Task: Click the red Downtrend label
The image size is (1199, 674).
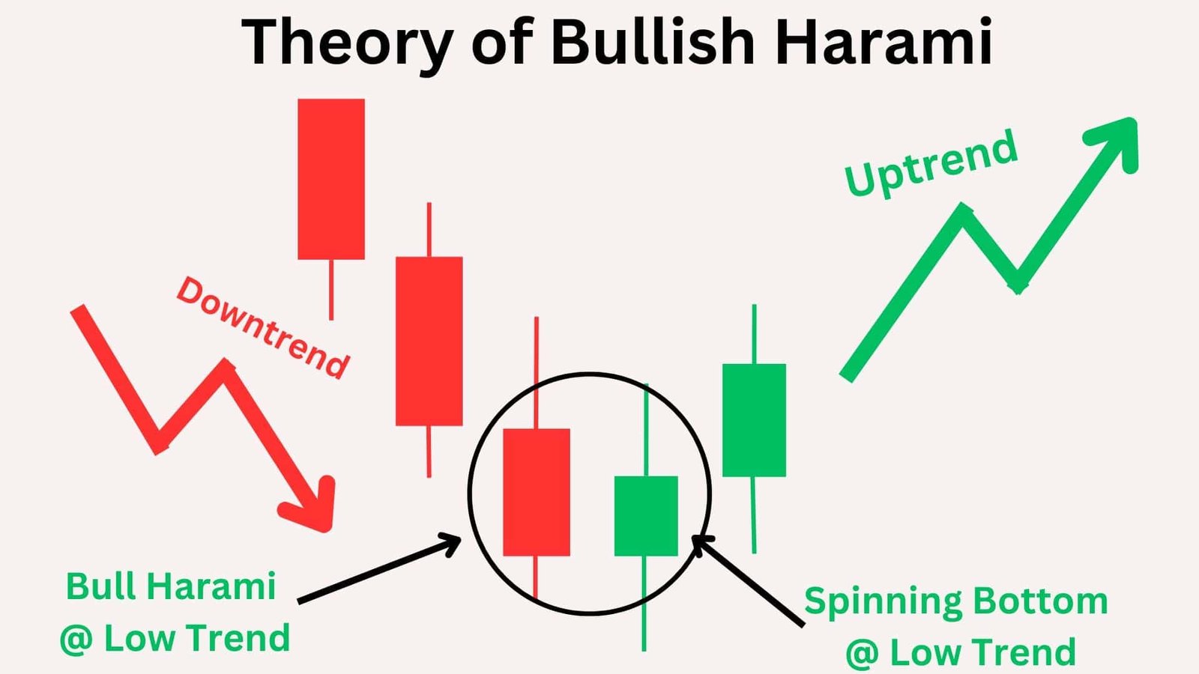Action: (262, 328)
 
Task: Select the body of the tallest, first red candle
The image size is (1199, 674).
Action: (331, 179)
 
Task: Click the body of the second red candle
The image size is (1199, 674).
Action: (429, 341)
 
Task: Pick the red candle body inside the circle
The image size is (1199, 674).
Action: (536, 492)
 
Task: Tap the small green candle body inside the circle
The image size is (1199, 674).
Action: (645, 516)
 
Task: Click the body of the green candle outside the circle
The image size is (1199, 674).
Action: (754, 420)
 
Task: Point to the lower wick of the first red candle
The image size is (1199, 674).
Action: (331, 289)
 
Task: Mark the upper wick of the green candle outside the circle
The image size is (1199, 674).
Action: (754, 334)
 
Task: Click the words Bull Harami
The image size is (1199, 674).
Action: (171, 586)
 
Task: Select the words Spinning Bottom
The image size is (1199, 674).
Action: (955, 601)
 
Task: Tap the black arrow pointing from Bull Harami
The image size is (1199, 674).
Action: (378, 568)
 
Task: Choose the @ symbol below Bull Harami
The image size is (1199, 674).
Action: (76, 639)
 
